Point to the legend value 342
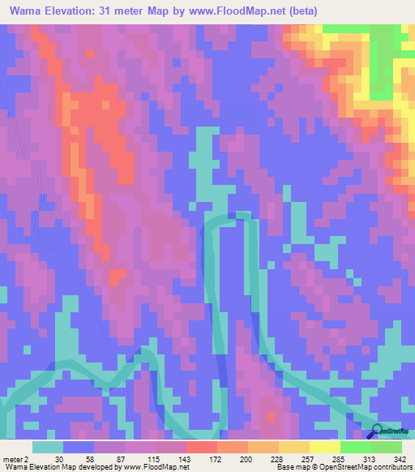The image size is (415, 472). pos(399,458)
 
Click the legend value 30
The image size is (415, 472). pos(58,458)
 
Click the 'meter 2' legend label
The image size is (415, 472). pos(18,458)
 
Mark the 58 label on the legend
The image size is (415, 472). pos(81,458)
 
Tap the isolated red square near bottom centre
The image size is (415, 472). pos(272,417)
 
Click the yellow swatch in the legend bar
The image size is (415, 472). pos(325,447)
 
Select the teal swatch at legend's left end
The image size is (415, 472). pos(48,447)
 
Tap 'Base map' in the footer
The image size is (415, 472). pos(293,467)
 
